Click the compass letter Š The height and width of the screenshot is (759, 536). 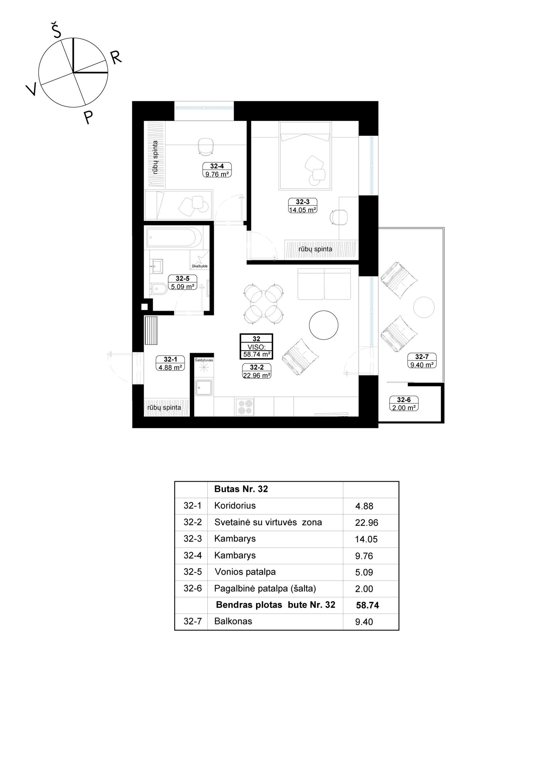click(x=56, y=31)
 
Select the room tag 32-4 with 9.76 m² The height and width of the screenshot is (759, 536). click(x=217, y=170)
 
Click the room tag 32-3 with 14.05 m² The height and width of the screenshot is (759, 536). click(x=303, y=206)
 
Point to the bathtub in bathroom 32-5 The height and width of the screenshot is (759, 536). click(x=174, y=237)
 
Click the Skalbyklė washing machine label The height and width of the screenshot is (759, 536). click(x=200, y=266)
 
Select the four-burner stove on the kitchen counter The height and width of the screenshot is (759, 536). click(x=245, y=407)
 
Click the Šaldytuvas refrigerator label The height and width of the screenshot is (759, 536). click(x=204, y=360)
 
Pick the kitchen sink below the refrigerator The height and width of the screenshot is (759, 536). click(x=204, y=388)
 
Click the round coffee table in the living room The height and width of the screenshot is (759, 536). click(x=323, y=325)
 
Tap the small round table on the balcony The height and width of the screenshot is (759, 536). click(x=424, y=307)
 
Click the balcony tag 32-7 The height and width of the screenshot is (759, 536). click(x=421, y=361)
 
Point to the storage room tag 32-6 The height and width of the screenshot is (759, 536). click(x=404, y=404)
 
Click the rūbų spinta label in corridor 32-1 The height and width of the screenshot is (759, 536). click(x=164, y=408)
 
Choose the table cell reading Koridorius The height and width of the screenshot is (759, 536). click(x=235, y=506)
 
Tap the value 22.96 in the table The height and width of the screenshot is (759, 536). click(x=366, y=523)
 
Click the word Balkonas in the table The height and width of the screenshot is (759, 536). click(x=233, y=621)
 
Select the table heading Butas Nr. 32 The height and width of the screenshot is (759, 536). click(x=241, y=489)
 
